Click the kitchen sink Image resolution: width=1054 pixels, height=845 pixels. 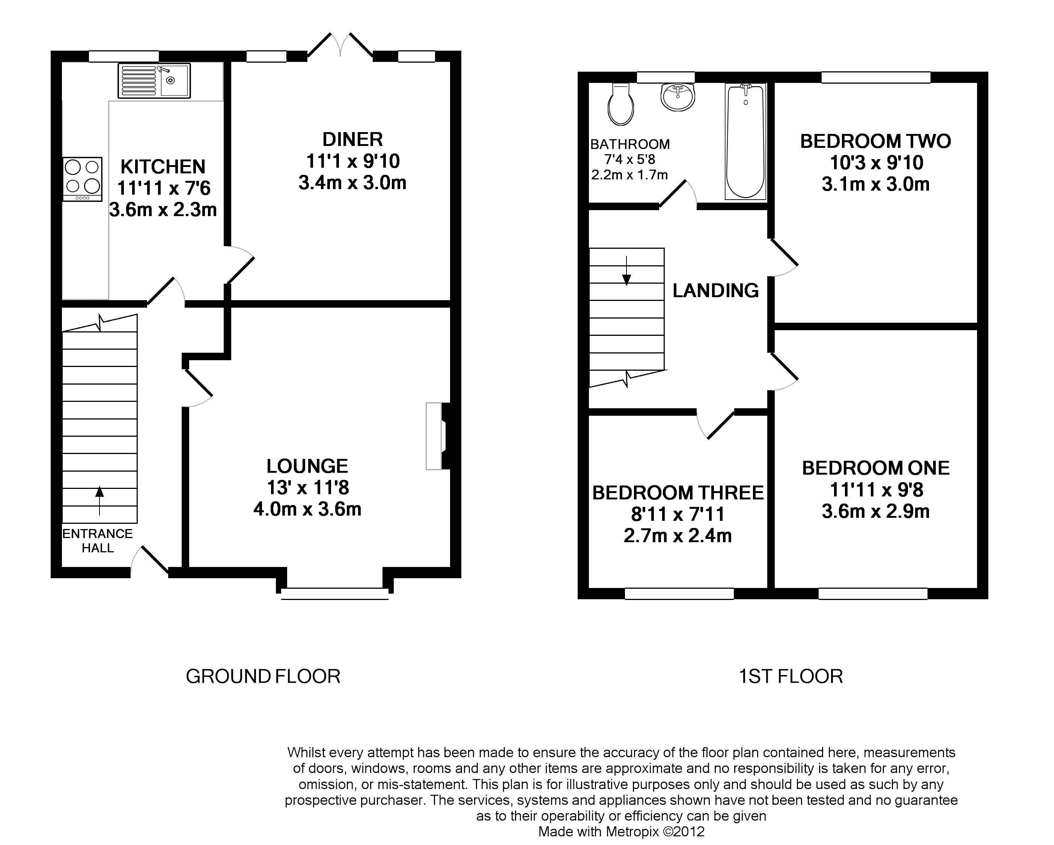(154, 81)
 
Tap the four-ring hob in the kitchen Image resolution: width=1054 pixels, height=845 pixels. (82, 179)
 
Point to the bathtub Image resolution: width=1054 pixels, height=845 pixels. (745, 142)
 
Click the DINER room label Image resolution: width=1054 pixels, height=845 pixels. (352, 140)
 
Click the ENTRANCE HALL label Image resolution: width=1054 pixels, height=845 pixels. (98, 541)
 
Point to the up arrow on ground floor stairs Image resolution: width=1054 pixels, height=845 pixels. (100, 501)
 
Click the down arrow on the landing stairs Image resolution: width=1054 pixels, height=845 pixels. (626, 270)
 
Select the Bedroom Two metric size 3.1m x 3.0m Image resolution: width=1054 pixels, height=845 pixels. (876, 184)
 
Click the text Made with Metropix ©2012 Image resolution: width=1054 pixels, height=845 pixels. (621, 831)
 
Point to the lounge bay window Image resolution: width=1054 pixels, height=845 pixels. (335, 593)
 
